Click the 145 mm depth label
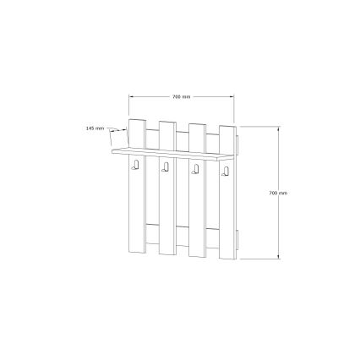click(x=95, y=128)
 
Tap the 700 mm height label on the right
click(x=277, y=193)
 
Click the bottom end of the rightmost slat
click(x=226, y=259)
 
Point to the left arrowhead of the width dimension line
click(x=131, y=95)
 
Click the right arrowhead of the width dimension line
click(x=234, y=95)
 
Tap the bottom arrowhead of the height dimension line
click(x=278, y=259)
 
